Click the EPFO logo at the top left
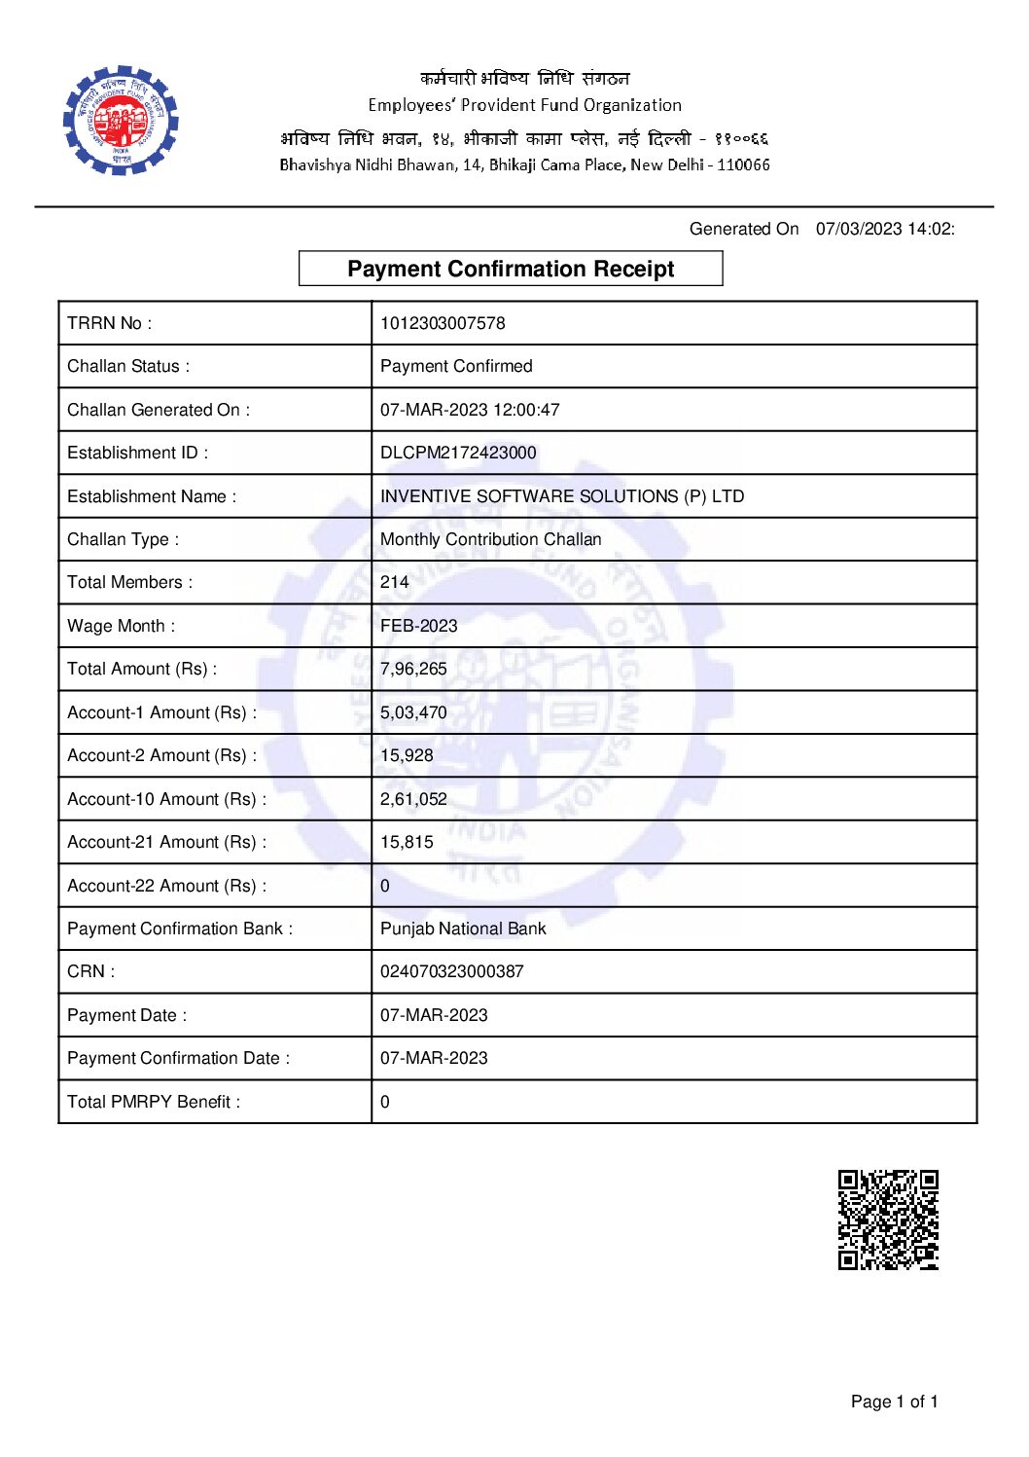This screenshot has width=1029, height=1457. [x=121, y=121]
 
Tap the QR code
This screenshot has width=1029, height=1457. [x=888, y=1220]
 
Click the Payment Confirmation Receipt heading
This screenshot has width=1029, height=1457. [x=511, y=269]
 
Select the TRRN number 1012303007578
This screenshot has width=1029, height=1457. [x=443, y=323]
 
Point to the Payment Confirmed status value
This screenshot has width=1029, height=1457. [x=456, y=366]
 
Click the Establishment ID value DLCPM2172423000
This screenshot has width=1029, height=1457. [x=458, y=453]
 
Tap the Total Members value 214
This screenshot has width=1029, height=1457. [x=394, y=582]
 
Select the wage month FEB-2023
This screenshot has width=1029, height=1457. [x=418, y=626]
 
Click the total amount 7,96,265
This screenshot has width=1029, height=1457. [x=413, y=669]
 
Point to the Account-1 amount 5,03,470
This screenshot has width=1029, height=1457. [x=413, y=712]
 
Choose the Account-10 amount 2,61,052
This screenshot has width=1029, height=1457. [x=413, y=799]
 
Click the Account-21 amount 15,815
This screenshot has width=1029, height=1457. [x=407, y=842]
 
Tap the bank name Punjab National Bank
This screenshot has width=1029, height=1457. [x=463, y=929]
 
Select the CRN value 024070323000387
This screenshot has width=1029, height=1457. [x=451, y=971]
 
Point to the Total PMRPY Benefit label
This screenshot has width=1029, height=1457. [x=154, y=1102]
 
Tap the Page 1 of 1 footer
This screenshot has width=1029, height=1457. [x=894, y=1402]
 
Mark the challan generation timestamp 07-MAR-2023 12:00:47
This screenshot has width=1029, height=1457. [x=470, y=410]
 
